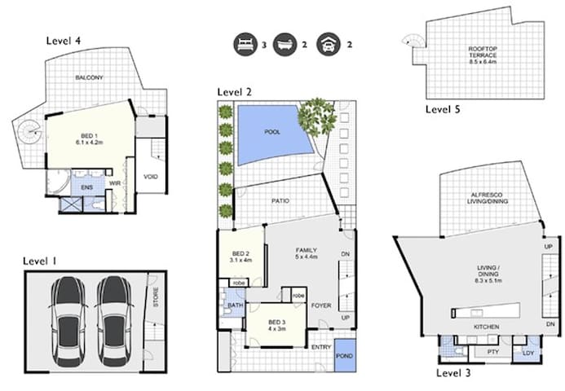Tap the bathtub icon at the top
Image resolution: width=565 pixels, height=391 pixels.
[286, 44]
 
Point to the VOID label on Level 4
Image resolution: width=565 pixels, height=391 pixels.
[150, 176]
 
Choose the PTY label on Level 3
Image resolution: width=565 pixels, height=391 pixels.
[492, 352]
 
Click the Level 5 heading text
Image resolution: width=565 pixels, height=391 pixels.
[444, 108]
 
